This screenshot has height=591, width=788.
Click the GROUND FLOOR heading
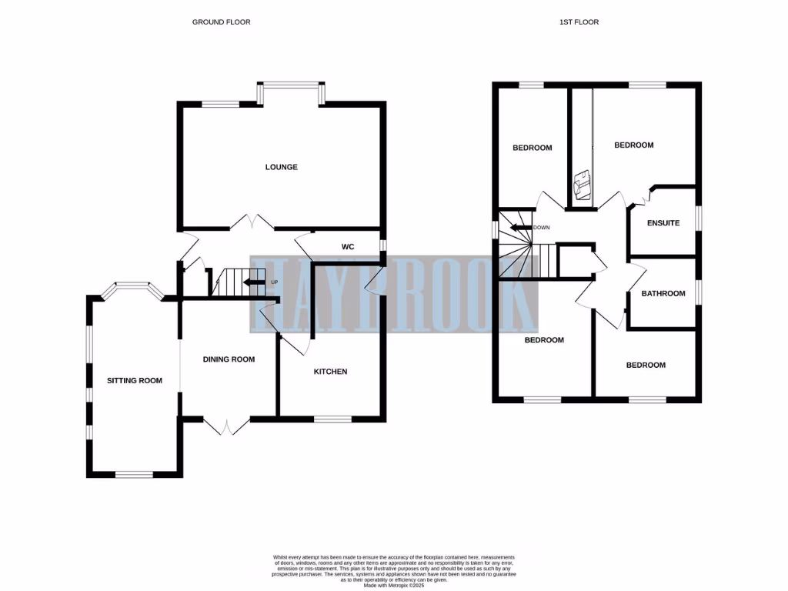[x=221, y=22]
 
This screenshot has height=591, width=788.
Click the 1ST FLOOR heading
[x=579, y=22]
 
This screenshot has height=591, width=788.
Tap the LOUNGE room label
[x=281, y=167]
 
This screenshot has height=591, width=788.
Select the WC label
[x=346, y=247]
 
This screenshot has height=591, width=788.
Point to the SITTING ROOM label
[x=135, y=380]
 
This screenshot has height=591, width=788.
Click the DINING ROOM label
[x=229, y=359]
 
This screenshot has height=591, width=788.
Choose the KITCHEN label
[x=330, y=372]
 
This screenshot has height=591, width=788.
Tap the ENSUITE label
[x=663, y=223]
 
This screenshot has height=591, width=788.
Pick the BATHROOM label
[x=663, y=293]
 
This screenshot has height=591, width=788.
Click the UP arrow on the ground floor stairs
[x=253, y=282]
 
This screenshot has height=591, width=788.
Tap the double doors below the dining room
[x=227, y=426]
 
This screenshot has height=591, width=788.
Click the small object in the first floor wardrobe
[x=581, y=184]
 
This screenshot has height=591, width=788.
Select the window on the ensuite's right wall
[x=699, y=218]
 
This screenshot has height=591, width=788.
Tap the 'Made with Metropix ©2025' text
[x=393, y=586]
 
